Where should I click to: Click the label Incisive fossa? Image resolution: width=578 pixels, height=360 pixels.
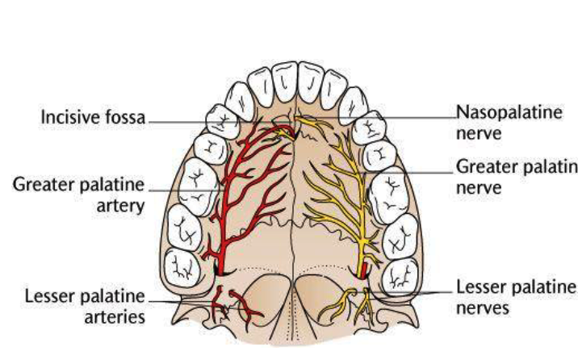[x=93, y=118]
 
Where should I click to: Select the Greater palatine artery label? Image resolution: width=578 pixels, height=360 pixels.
[x=78, y=195]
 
